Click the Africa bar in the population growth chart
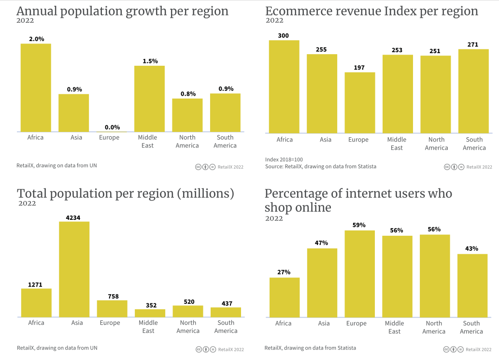[36, 87]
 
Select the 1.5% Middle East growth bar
[149, 99]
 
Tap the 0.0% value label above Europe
[112, 127]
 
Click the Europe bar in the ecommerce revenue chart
[359, 102]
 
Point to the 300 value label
[284, 35]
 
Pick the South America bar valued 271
[473, 91]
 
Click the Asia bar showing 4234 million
[74, 269]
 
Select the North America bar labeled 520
[188, 311]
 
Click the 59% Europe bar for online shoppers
[359, 274]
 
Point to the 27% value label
[284, 272]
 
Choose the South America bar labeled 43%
[472, 285]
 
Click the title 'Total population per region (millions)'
[126, 194]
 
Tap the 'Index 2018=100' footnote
[284, 159]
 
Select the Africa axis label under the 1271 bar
[36, 323]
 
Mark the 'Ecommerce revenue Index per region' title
[371, 11]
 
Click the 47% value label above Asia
[322, 243]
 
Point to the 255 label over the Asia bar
[322, 49]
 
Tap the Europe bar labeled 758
[112, 308]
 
